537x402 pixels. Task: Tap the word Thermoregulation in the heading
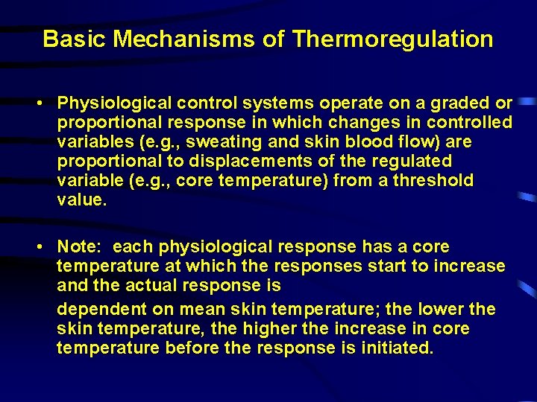pos(393,39)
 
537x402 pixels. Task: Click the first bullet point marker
pos(45,103)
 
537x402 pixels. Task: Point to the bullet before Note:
pos(45,247)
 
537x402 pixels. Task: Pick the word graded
pos(460,103)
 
